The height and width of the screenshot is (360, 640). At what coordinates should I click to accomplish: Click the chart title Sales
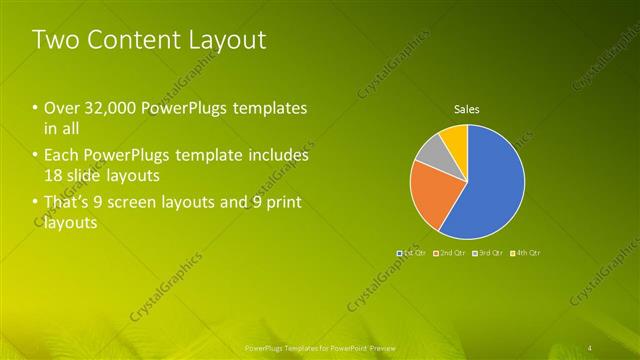click(x=467, y=108)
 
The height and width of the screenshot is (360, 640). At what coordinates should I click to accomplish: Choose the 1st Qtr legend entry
click(x=414, y=253)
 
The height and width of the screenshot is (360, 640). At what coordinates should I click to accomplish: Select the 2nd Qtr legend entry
click(x=452, y=253)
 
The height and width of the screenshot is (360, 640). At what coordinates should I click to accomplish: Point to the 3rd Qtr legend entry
click(x=490, y=253)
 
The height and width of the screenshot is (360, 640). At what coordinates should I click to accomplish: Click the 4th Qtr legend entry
click(x=527, y=253)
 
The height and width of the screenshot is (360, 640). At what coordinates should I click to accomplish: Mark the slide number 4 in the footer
click(x=592, y=347)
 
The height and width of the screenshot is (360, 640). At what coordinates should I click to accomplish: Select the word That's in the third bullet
click(x=68, y=204)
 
